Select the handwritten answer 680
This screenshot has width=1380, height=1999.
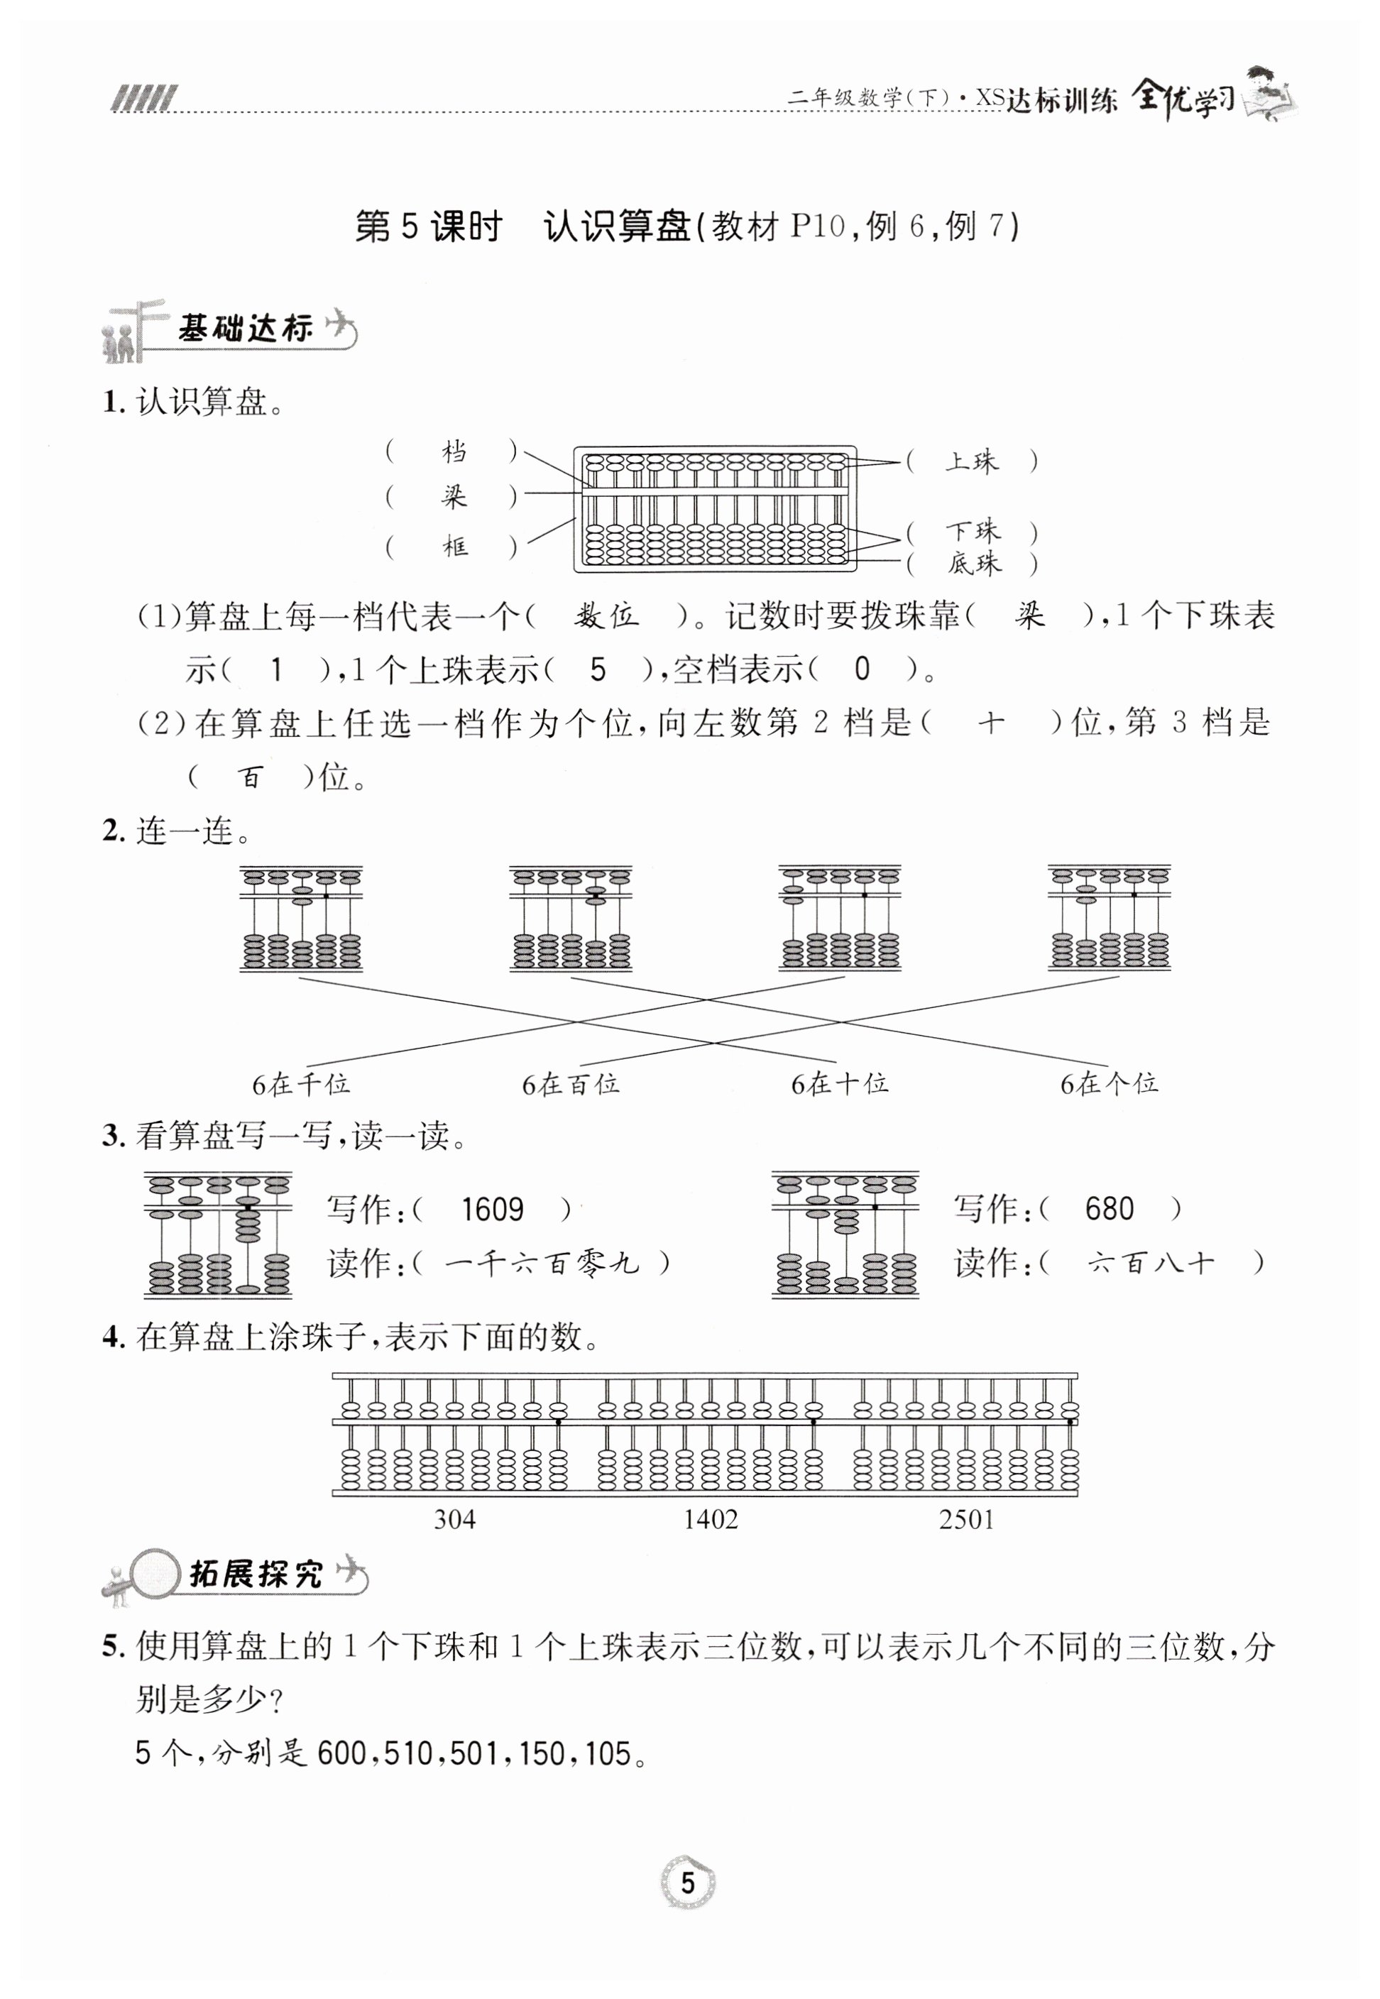[1109, 1208]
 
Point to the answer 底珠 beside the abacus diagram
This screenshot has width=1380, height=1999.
[974, 564]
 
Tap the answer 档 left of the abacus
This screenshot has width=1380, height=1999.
[453, 451]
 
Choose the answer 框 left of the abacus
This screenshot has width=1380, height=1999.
[455, 547]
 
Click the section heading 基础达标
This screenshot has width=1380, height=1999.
[245, 329]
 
